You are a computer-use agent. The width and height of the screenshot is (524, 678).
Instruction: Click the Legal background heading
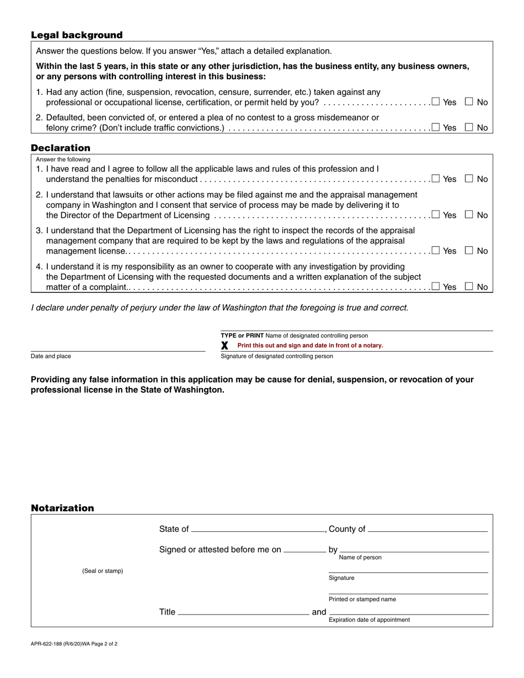click(77, 35)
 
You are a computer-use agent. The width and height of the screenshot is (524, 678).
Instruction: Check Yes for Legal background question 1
click(436, 101)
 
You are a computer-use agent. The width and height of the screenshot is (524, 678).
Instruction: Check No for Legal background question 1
click(469, 101)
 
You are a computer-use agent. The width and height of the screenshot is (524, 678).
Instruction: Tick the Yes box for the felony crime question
click(436, 127)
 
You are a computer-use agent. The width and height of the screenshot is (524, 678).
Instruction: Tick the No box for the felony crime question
click(469, 127)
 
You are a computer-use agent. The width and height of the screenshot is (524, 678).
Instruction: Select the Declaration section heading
click(61, 148)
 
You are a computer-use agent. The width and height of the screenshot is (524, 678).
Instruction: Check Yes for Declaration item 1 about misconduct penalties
click(436, 178)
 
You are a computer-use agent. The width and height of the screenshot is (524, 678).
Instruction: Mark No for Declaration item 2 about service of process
click(469, 214)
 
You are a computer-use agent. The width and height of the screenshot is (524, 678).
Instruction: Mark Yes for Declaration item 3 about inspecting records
click(436, 250)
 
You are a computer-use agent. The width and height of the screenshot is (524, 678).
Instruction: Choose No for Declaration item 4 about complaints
click(469, 286)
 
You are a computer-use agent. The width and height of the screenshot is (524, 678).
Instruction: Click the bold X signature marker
click(224, 346)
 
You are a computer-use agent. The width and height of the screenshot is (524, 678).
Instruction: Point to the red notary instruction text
click(310, 346)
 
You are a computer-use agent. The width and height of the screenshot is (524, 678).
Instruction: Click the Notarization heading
click(62, 508)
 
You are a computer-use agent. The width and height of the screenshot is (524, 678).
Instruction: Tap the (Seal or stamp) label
click(103, 571)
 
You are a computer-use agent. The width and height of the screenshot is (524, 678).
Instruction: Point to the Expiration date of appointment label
click(369, 620)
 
